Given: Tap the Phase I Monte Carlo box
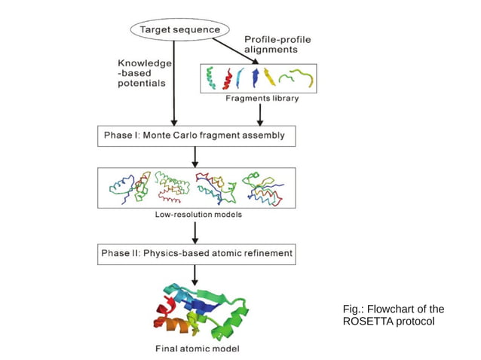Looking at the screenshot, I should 196,136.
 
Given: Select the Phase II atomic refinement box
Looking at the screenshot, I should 196,253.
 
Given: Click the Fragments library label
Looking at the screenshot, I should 262,99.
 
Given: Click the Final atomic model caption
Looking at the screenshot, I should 198,349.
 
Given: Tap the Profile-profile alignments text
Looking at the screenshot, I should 278,44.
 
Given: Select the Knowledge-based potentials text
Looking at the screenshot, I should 145,74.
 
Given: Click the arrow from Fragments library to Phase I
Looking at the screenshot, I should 260,114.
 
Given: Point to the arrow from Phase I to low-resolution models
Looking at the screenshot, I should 195,157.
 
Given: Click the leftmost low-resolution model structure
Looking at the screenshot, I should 128,188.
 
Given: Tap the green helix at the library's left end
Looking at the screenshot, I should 211,77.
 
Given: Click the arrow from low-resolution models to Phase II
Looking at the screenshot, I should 195,232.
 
